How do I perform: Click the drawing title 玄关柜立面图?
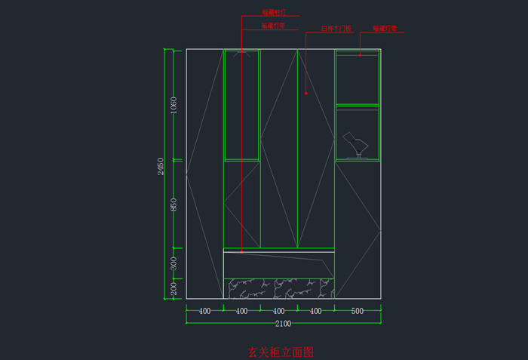tap(280, 351)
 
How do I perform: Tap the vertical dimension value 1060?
tap(173, 104)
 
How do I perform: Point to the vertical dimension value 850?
tap(173, 204)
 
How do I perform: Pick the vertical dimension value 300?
tap(173, 263)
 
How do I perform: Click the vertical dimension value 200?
tap(173, 288)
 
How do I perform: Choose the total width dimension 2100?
tap(283, 324)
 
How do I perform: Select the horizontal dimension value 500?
tap(357, 311)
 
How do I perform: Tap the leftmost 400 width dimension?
tap(204, 311)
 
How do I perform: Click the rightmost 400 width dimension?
tap(316, 311)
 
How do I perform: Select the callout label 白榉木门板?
tap(336, 28)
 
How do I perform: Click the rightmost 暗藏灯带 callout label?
tap(384, 28)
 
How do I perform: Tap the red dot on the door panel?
tap(306, 94)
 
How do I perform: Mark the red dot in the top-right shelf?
tap(360, 54)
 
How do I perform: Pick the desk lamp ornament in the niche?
tap(356, 145)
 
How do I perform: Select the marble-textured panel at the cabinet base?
tap(279, 288)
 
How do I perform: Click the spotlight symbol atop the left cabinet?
tap(241, 54)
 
